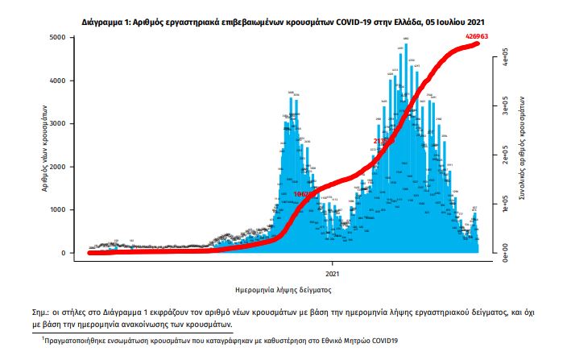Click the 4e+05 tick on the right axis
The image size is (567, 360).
[503, 57]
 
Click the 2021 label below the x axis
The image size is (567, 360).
[333, 264]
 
